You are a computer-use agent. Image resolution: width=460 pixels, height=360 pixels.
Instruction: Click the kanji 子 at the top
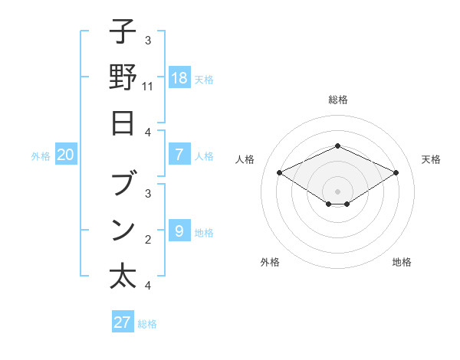click(123, 32)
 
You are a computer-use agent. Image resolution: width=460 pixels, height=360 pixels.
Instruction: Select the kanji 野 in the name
click(123, 77)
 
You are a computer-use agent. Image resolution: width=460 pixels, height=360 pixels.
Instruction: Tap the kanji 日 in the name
click(123, 123)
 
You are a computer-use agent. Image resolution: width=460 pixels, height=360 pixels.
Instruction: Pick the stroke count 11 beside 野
click(149, 87)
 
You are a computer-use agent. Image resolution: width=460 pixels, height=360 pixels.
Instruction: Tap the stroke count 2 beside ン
click(148, 240)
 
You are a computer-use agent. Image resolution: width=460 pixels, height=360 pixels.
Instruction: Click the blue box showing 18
click(179, 77)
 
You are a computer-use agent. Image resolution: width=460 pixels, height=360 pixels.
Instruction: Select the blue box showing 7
click(179, 155)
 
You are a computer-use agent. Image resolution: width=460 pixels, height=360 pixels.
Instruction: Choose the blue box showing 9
click(179, 231)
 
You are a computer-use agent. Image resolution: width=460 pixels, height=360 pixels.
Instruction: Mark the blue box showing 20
click(66, 155)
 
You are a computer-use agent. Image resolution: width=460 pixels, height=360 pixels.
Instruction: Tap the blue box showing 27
click(123, 322)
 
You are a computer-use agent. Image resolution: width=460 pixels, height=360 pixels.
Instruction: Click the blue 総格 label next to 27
click(148, 324)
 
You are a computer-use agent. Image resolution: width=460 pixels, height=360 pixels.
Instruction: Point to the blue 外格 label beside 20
click(41, 155)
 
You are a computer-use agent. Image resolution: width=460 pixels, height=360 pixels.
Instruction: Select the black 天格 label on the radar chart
click(431, 159)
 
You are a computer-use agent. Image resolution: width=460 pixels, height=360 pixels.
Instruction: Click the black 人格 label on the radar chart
click(245, 159)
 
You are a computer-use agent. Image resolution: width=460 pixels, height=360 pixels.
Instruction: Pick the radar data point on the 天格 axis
click(396, 172)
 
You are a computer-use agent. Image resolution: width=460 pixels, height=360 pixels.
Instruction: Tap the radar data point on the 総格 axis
click(337, 146)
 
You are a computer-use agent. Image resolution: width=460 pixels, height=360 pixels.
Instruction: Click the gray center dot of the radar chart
click(337, 191)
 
